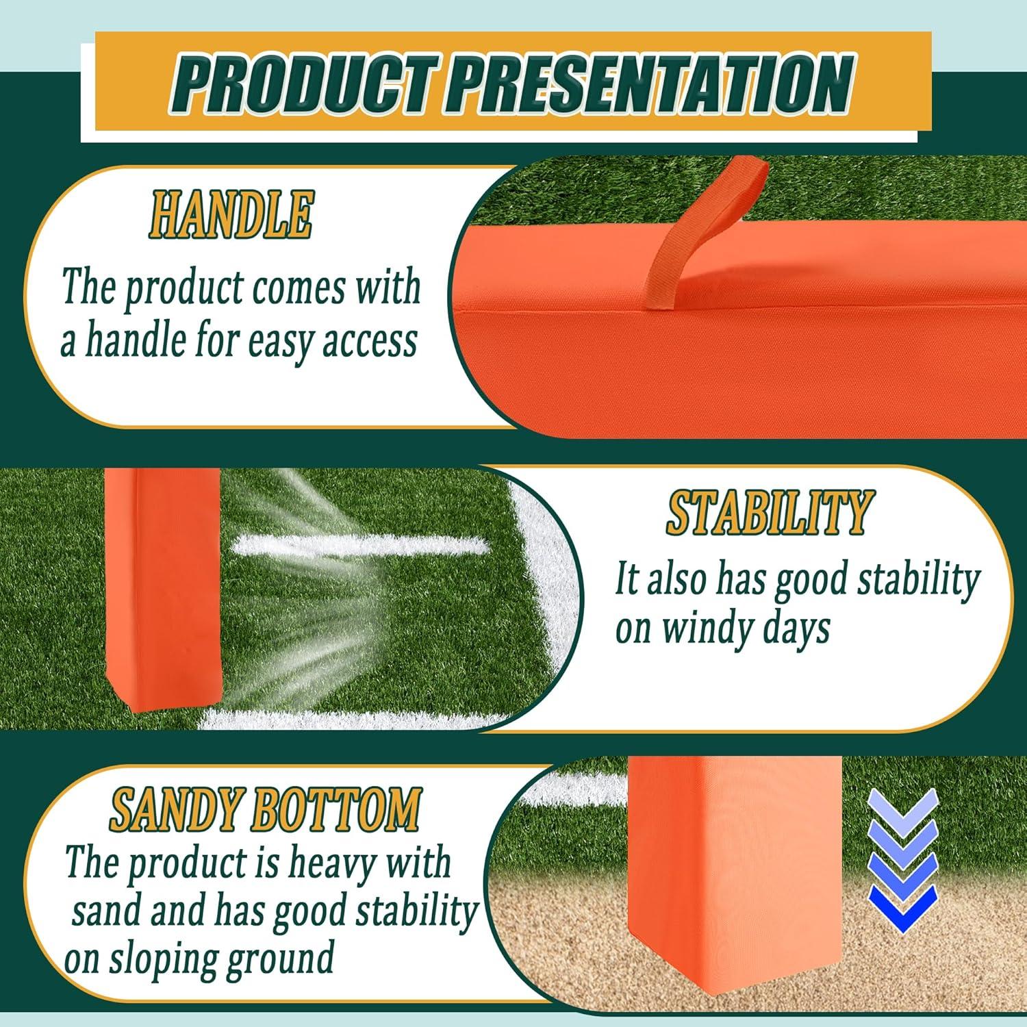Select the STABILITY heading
pos(768,513)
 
